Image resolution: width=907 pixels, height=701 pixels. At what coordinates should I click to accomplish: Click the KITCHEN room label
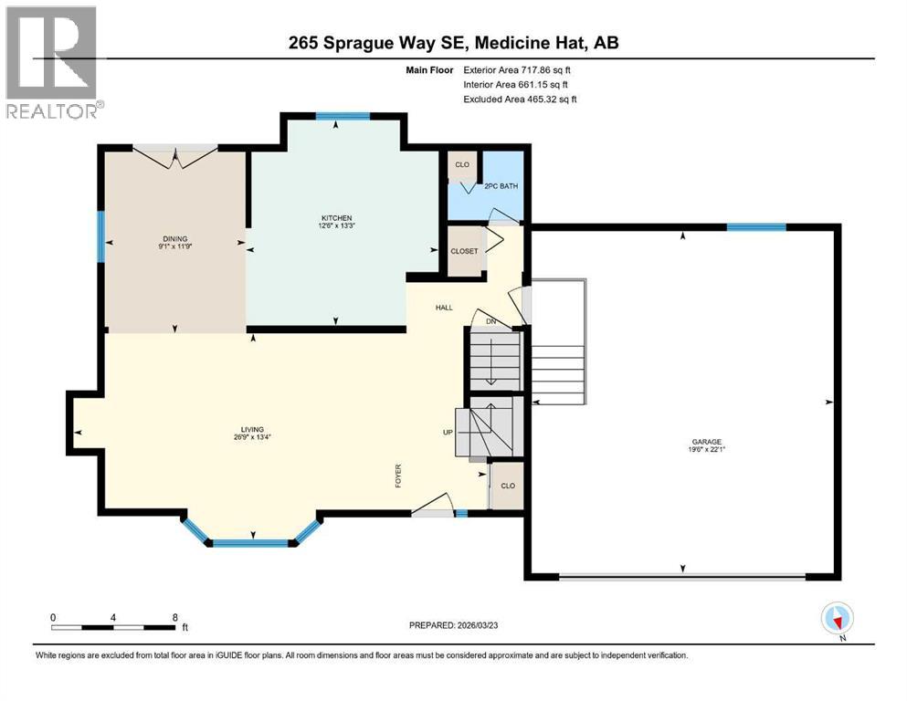(335, 218)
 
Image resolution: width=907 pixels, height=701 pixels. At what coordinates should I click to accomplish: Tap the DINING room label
(174, 238)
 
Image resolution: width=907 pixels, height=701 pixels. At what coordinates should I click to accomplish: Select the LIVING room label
(252, 429)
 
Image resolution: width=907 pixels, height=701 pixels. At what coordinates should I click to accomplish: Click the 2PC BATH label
(501, 185)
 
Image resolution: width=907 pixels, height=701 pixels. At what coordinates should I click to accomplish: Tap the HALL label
(444, 308)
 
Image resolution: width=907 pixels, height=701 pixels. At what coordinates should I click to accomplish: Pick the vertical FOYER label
(398, 476)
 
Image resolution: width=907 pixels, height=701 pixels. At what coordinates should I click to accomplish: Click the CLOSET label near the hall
(463, 251)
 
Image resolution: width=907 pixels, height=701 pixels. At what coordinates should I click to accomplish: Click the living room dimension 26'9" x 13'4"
(252, 437)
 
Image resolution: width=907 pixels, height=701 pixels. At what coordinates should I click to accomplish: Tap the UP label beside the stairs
(448, 433)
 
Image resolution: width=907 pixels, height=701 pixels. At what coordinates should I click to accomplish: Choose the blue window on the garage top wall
(755, 227)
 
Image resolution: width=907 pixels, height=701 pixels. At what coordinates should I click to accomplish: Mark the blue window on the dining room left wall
(100, 237)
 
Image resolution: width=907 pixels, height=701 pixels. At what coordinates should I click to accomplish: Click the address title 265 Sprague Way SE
(453, 43)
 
